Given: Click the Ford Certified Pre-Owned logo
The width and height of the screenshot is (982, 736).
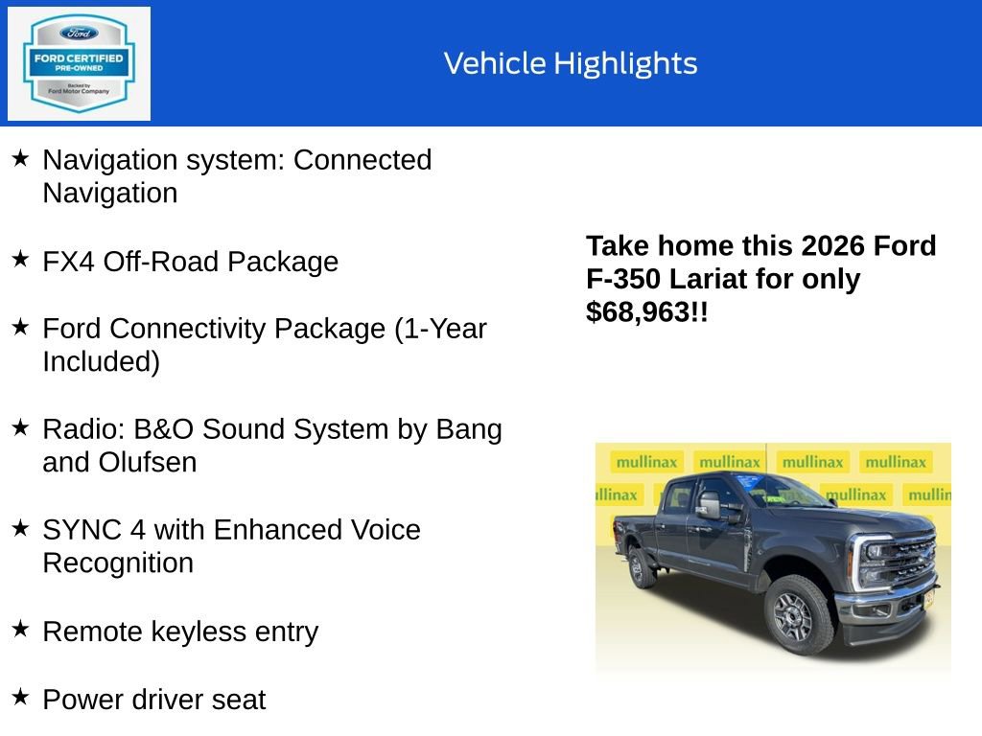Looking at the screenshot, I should [x=79, y=63].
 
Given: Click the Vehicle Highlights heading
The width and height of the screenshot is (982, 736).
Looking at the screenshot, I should [x=571, y=63].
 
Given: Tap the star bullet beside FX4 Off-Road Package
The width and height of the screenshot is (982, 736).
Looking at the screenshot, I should [x=20, y=259].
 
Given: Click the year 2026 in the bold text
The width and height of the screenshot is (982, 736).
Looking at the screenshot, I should [x=832, y=246].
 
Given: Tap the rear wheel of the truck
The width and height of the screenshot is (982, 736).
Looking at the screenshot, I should [x=641, y=566].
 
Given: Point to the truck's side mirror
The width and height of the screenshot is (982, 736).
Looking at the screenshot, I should [x=710, y=505].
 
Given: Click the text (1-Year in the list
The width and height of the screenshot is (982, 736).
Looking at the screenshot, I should [x=441, y=329].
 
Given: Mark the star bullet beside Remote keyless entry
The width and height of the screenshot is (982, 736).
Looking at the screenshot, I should [x=20, y=629].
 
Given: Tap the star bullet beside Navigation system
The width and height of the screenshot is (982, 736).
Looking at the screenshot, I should [x=20, y=157].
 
